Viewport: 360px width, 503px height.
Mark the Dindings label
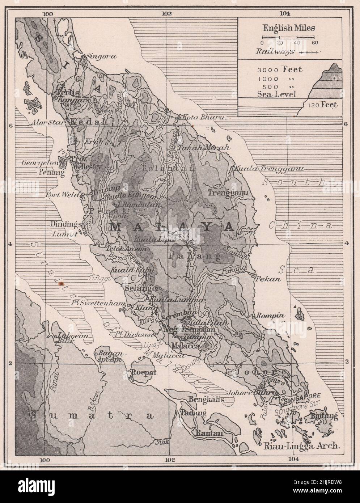click(65, 224)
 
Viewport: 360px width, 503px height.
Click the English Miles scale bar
click(288, 37)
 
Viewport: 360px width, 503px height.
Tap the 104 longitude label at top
click(285, 14)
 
